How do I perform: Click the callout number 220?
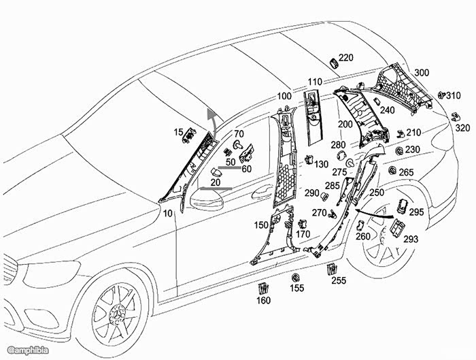tap(346, 59)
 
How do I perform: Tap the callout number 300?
tap(422, 73)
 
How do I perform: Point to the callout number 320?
tap(462, 128)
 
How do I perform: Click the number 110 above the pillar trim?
tap(314, 82)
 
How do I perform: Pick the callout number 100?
tap(284, 97)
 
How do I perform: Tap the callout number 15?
tap(179, 131)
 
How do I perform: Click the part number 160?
tap(263, 301)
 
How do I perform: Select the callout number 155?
tap(297, 289)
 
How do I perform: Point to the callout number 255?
tap(339, 280)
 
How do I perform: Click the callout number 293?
tap(411, 240)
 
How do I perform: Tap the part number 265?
tap(406, 173)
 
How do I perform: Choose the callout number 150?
tap(261, 225)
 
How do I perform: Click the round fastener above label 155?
tap(296, 278)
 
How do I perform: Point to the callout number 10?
tap(168, 213)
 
